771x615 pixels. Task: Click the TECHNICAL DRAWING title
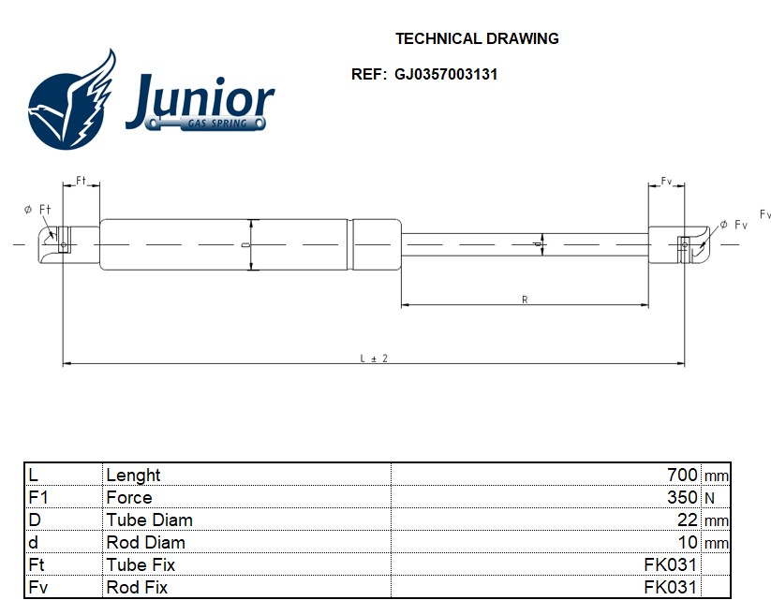(x=477, y=38)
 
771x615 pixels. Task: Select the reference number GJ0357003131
(x=446, y=75)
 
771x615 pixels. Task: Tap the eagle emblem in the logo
(x=72, y=100)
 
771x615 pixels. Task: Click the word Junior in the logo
(x=200, y=100)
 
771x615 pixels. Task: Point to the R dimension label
(x=525, y=300)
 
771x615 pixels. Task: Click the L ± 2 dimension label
(x=374, y=359)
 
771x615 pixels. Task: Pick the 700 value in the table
(x=682, y=475)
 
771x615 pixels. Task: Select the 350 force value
(x=682, y=498)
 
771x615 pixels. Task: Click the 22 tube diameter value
(x=688, y=520)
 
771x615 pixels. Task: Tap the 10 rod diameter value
(x=688, y=543)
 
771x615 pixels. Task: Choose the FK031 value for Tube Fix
(x=670, y=564)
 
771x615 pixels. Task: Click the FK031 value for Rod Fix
(x=670, y=588)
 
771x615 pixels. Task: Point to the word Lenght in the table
(x=133, y=476)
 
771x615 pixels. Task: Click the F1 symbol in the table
(x=38, y=498)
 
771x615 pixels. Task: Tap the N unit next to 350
(x=709, y=499)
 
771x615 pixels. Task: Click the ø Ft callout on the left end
(x=37, y=210)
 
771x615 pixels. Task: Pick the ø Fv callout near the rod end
(x=734, y=225)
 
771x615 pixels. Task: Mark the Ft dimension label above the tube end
(x=82, y=181)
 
